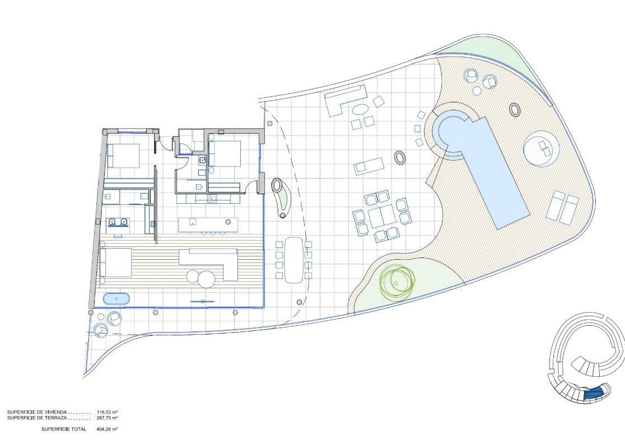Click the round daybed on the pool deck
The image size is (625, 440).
[541, 148]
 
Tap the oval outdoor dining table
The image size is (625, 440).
[293, 259]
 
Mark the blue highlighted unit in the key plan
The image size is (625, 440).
[593, 394]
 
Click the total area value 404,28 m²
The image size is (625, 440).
[107, 429]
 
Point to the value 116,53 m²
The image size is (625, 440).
[107, 413]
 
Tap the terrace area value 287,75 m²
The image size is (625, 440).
[107, 418]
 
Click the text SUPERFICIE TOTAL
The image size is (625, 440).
[63, 429]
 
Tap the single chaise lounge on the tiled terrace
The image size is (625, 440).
[369, 165]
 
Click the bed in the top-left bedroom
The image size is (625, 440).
[124, 155]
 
